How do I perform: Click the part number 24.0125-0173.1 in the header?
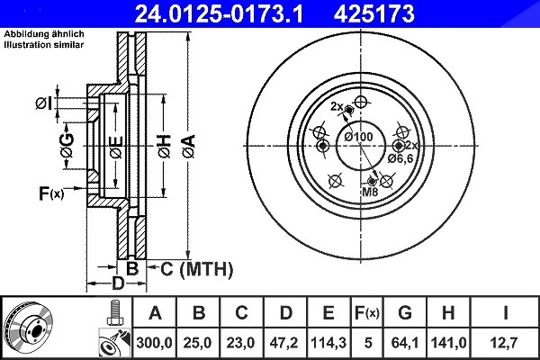click(219, 13)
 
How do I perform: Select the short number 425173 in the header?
click(374, 13)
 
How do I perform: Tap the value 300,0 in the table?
click(154, 343)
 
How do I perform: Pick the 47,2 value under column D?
click(284, 343)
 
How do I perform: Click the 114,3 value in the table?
click(328, 343)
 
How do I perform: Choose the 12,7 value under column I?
click(505, 343)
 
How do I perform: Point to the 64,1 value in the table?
click(405, 343)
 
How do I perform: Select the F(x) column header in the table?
click(367, 313)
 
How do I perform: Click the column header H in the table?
click(447, 313)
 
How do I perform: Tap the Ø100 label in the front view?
click(358, 137)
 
